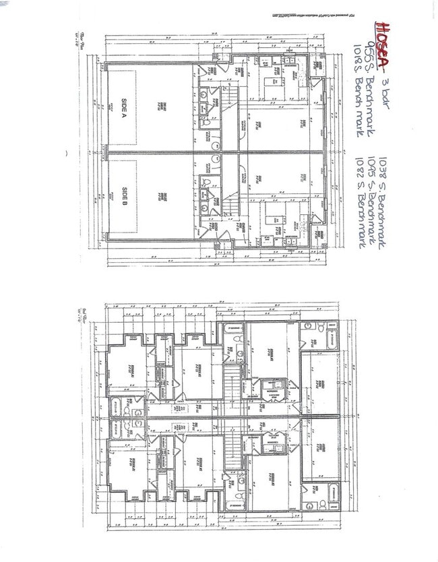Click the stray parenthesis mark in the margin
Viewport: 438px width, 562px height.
tap(67, 153)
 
